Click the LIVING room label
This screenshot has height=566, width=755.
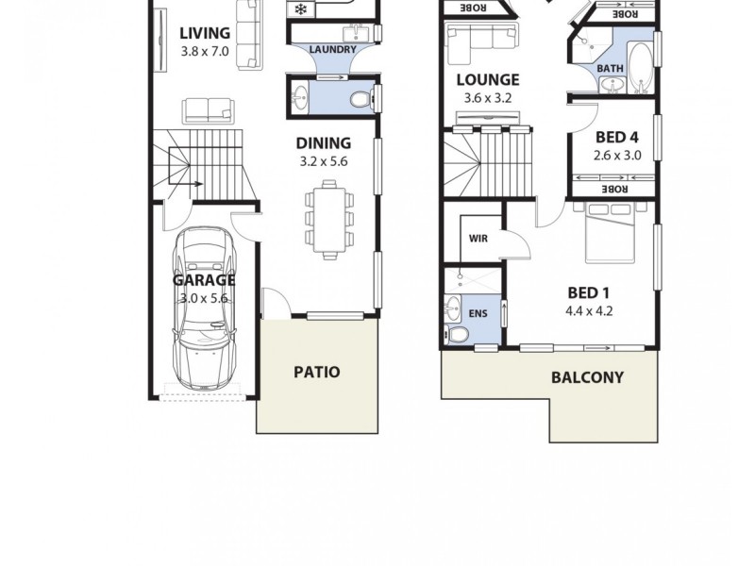click(x=205, y=34)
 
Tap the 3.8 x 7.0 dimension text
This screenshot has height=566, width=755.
click(x=205, y=52)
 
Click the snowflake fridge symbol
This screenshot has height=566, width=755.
click(x=301, y=9)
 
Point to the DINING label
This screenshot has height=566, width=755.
click(x=323, y=142)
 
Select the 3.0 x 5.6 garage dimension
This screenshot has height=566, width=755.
click(x=205, y=298)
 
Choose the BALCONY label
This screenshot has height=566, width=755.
click(x=587, y=378)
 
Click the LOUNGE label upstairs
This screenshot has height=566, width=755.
click(x=487, y=80)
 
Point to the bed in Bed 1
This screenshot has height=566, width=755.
click(x=617, y=232)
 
